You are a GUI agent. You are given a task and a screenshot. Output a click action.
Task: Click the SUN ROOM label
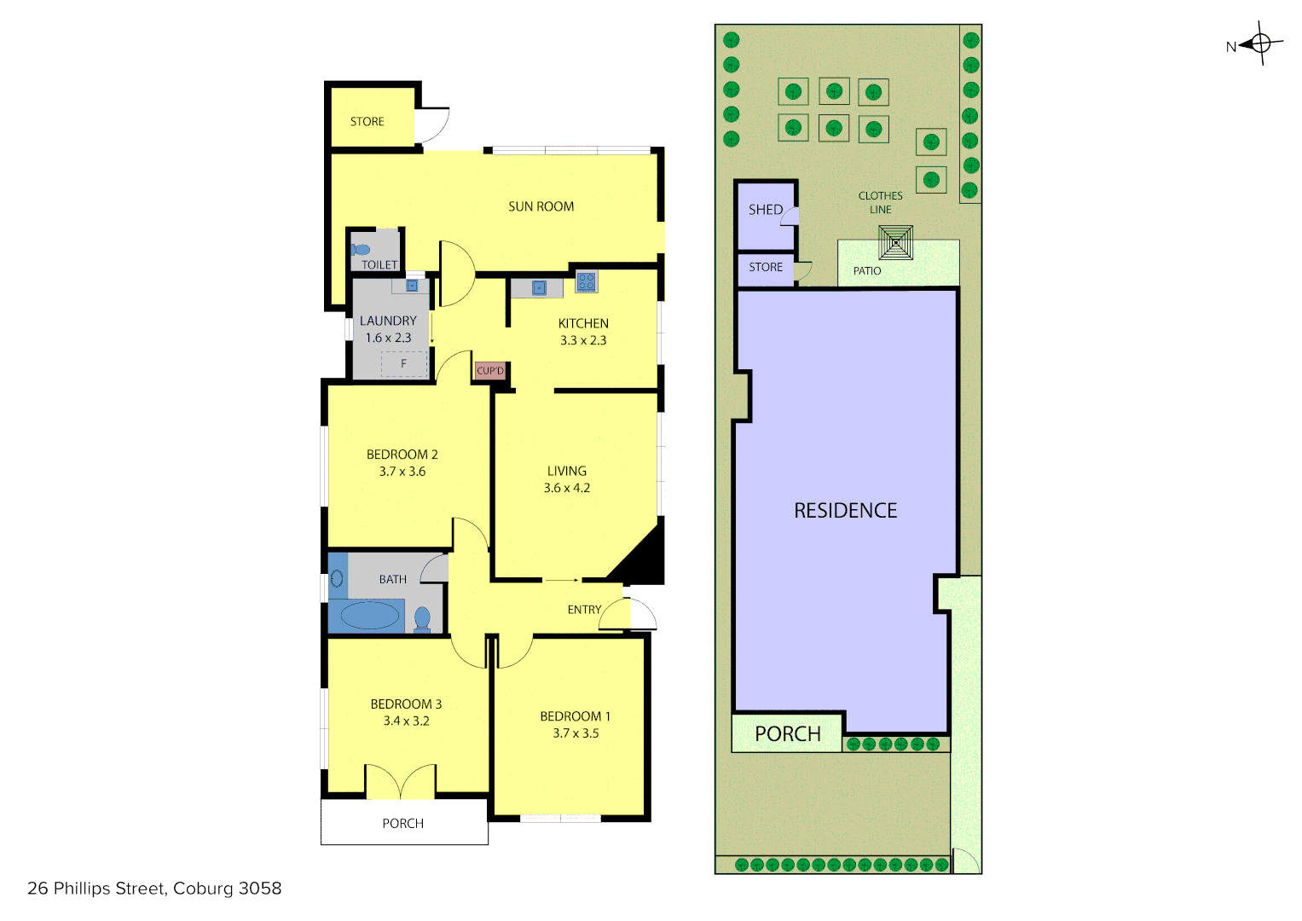pos(541,206)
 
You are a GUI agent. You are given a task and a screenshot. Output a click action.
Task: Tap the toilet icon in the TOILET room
pos(361,250)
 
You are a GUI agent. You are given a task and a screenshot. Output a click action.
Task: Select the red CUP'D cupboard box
pos(490,371)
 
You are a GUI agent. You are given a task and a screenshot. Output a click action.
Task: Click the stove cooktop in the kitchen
pos(586,281)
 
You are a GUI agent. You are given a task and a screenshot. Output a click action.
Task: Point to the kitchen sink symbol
pos(539,288)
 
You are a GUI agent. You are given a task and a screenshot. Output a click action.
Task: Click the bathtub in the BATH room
pos(369,615)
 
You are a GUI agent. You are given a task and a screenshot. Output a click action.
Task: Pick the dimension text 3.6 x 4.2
pos(567,488)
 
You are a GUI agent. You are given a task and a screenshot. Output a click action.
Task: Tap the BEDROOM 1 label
pos(575,716)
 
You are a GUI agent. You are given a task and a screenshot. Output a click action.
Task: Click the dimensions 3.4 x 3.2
pos(406,721)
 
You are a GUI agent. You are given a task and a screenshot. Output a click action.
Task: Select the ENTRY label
pos(584,610)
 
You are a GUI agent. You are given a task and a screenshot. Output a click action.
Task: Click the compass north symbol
pos(1260,43)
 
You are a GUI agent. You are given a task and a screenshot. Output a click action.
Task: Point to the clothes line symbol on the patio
pos(895,242)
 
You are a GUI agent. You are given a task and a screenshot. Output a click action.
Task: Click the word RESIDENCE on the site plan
pos(845,511)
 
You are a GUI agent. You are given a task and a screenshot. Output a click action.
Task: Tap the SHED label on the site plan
pos(765,210)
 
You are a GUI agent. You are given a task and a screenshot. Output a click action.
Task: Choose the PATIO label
pos(867,271)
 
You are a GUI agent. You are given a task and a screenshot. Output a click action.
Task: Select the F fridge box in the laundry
pos(403,364)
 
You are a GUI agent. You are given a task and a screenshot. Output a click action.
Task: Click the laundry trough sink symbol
pos(412,286)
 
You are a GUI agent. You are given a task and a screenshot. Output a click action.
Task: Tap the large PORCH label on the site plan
pos(787,734)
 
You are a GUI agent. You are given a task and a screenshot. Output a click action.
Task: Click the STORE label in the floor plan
pos(367,122)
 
